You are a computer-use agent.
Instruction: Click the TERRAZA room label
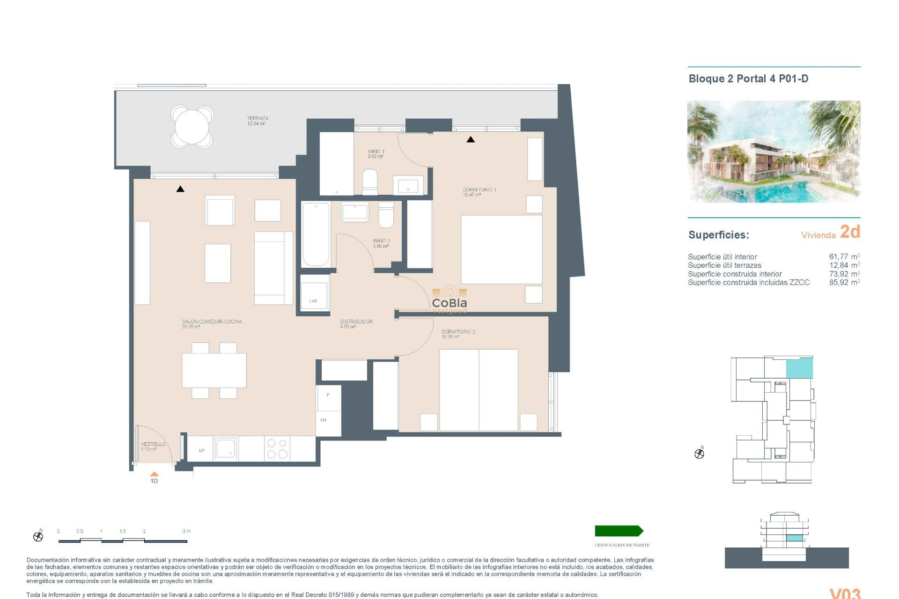[x=258, y=121]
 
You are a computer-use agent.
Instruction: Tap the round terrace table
[x=192, y=126]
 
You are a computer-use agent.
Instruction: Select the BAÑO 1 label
[x=376, y=153]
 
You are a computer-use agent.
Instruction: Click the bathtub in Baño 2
[x=316, y=234]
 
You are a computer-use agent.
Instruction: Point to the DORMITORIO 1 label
[x=479, y=192]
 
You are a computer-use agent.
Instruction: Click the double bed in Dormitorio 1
[x=501, y=249]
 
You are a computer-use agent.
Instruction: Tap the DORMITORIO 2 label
[x=457, y=334]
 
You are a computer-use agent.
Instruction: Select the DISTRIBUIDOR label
[x=356, y=324]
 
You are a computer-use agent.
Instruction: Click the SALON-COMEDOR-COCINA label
[x=212, y=324]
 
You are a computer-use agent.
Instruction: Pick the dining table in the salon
[x=214, y=370]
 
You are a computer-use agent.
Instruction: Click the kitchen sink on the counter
[x=226, y=448]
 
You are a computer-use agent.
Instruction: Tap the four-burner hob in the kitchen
[x=277, y=448]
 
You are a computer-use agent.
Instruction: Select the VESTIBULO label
[x=153, y=446]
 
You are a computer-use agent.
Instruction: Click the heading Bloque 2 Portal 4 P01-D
[x=748, y=79]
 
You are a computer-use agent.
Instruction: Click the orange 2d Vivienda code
[x=850, y=232]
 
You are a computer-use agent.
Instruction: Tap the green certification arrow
[x=619, y=531]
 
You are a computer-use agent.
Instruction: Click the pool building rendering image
[x=774, y=151]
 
